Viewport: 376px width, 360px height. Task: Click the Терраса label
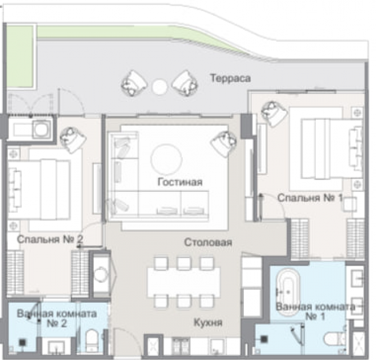(x=230, y=79)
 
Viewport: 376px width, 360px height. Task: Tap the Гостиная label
(x=180, y=182)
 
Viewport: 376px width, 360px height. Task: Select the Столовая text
(x=208, y=242)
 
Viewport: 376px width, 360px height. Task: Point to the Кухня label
(x=208, y=323)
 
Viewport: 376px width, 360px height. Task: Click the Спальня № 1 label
(x=310, y=198)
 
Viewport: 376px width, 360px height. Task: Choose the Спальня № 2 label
(x=50, y=239)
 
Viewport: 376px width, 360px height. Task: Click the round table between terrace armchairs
(x=160, y=87)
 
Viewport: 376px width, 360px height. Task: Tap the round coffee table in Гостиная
(x=166, y=159)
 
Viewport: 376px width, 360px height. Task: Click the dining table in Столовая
(x=184, y=282)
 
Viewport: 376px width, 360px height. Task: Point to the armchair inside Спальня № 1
(x=274, y=114)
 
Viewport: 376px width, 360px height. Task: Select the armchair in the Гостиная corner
(x=224, y=144)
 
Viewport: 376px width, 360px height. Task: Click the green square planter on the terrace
(x=20, y=57)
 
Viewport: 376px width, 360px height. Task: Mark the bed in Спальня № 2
(x=39, y=190)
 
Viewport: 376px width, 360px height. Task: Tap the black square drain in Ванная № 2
(x=22, y=343)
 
